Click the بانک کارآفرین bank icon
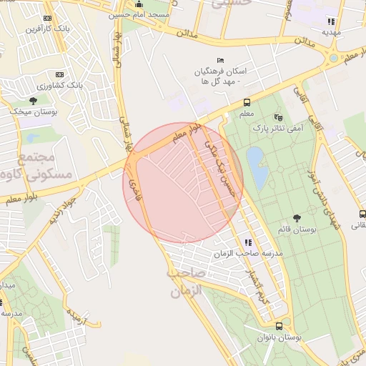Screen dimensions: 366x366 coord(47,18)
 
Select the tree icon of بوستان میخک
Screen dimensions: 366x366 coord(34,101)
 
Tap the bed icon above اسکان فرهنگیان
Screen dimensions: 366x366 coord(220,61)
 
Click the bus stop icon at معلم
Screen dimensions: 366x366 coord(247,102)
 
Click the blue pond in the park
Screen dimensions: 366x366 coord(256,165)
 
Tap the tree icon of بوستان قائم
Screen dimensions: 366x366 coord(297,217)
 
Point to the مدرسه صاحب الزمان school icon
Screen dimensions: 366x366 coord(248,242)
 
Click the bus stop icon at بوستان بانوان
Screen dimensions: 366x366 coord(279,326)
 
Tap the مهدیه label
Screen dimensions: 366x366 coord(330,32)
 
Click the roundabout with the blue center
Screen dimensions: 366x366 coord(332,57)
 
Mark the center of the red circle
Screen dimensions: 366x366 coord(184,183)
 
